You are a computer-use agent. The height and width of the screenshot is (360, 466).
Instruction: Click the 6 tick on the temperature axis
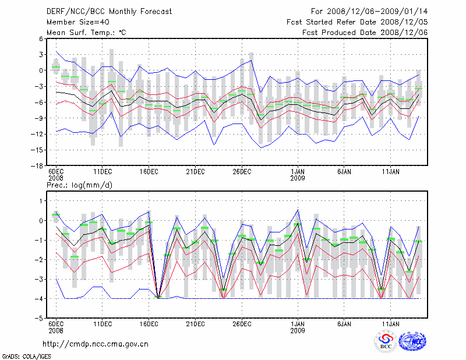click(x=40, y=38)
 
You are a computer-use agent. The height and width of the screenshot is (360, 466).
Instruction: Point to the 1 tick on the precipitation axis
click(x=40, y=200)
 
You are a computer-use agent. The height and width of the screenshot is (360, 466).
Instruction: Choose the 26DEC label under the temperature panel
click(x=242, y=172)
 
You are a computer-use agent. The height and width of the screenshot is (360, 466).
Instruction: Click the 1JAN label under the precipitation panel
click(x=298, y=324)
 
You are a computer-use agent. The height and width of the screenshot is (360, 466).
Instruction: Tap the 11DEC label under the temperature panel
click(x=103, y=172)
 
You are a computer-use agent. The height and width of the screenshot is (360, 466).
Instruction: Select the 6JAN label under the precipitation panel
click(x=344, y=324)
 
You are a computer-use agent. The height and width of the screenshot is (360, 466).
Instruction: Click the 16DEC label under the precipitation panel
click(x=149, y=324)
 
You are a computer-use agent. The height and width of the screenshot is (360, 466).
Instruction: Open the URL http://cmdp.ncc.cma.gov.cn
click(x=96, y=344)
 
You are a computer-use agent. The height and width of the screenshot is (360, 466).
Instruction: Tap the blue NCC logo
click(x=413, y=342)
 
